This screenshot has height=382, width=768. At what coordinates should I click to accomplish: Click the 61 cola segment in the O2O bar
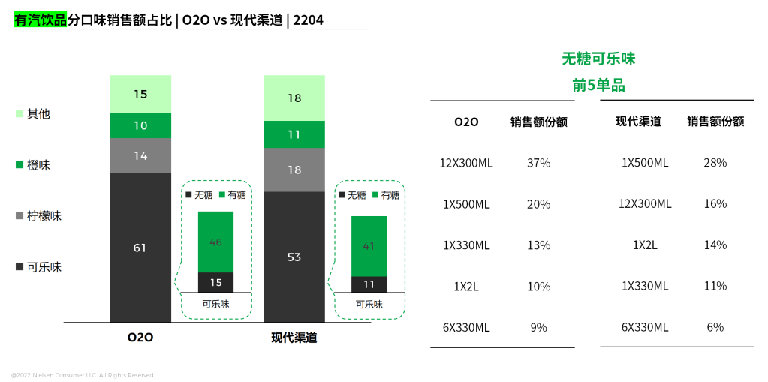pyautogui.click(x=140, y=248)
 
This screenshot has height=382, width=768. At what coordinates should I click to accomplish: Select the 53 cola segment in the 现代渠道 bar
pyautogui.click(x=294, y=257)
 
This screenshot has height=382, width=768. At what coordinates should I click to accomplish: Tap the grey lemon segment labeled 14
pyautogui.click(x=140, y=155)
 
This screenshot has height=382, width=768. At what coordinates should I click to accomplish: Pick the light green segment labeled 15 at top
pyautogui.click(x=140, y=94)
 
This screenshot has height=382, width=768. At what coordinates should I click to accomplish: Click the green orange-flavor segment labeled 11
pyautogui.click(x=294, y=134)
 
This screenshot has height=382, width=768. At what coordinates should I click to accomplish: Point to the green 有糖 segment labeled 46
pyautogui.click(x=215, y=242)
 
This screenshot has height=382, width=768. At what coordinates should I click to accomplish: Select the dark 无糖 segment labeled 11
pyautogui.click(x=369, y=284)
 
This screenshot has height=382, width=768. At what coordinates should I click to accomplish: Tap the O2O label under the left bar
pyautogui.click(x=140, y=338)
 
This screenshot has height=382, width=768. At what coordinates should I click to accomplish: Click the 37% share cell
pyautogui.click(x=539, y=163)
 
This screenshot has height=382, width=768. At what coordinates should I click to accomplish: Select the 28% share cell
pyautogui.click(x=715, y=163)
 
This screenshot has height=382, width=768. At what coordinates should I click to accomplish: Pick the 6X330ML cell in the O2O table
pyautogui.click(x=466, y=327)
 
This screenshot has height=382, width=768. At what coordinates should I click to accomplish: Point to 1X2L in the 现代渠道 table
pyautogui.click(x=645, y=245)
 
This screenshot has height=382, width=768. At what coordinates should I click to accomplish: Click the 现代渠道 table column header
pyautogui.click(x=638, y=122)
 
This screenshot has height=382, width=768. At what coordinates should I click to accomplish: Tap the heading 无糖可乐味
pyautogui.click(x=598, y=59)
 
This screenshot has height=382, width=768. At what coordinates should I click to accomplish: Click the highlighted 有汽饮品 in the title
pyautogui.click(x=41, y=20)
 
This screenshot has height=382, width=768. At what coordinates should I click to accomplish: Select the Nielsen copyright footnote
pyautogui.click(x=83, y=374)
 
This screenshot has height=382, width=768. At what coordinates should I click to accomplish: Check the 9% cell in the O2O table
pyautogui.click(x=539, y=327)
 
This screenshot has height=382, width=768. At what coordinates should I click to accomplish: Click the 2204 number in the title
pyautogui.click(x=309, y=20)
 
